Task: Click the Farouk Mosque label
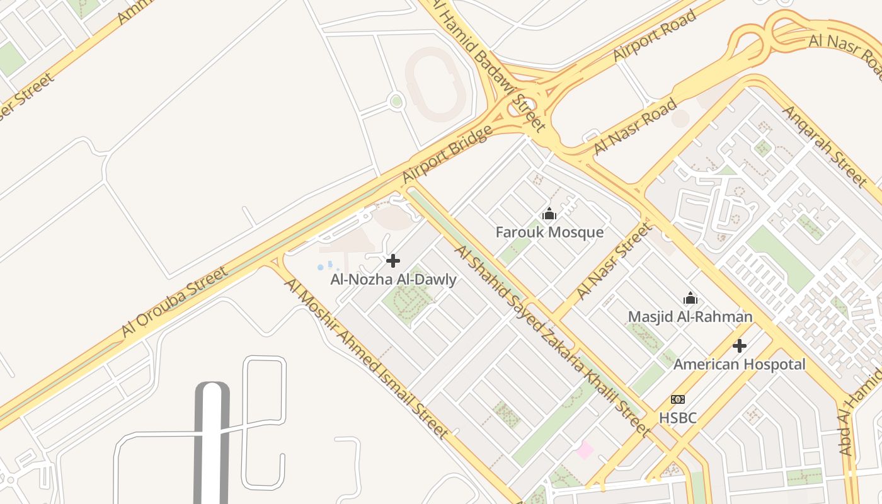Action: click(549, 232)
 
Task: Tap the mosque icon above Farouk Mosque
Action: click(549, 214)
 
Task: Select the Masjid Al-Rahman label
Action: click(690, 316)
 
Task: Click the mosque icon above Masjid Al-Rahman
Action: click(690, 298)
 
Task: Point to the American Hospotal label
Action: click(739, 364)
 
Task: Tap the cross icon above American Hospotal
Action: click(740, 346)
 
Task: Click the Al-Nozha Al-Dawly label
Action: click(393, 279)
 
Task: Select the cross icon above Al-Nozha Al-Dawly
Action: click(393, 261)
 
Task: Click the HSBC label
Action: click(678, 417)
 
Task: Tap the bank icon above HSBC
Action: click(678, 399)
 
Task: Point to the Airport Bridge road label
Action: click(447, 155)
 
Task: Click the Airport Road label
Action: click(655, 35)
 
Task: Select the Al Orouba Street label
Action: click(175, 302)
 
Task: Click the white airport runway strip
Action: click(212, 441)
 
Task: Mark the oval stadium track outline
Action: click(436, 84)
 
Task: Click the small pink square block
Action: click(585, 450)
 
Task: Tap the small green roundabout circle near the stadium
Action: click(396, 101)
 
